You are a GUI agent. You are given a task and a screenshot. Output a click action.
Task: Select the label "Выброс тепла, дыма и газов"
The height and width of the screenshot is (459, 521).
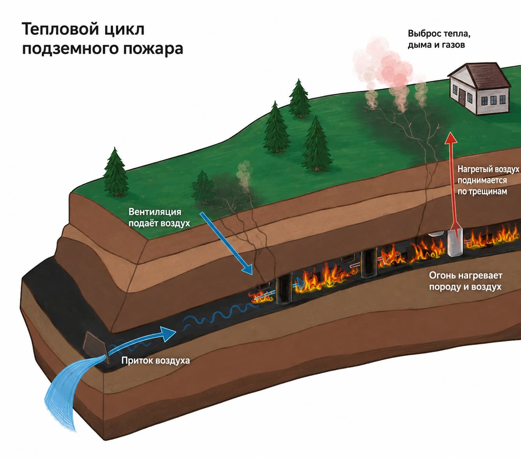pyautogui.click(x=439, y=39)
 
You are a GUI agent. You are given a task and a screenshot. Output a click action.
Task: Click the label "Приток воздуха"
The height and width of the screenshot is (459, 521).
pyautogui.click(x=156, y=360)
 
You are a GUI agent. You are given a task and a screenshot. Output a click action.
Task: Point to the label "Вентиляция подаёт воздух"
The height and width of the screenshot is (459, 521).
pyautogui.click(x=159, y=218)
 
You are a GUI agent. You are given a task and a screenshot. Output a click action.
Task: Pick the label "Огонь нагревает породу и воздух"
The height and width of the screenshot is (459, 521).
pyautogui.click(x=466, y=281)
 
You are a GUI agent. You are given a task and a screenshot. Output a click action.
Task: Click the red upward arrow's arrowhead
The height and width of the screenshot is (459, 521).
pyautogui.click(x=450, y=138)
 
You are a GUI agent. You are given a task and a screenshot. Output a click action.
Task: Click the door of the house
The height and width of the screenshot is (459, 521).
pyautogui.click(x=463, y=98)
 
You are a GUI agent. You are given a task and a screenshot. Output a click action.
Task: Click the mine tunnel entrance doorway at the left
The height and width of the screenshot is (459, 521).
pyautogui.click(x=95, y=346)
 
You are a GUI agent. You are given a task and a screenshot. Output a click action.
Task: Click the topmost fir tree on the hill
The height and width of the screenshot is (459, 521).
pyautogui.click(x=299, y=99)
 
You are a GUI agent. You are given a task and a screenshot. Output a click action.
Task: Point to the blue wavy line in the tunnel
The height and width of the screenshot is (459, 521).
pyautogui.click(x=219, y=317)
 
